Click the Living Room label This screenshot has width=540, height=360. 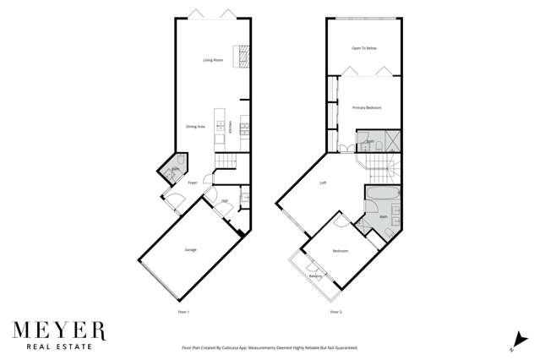pyautogui.click(x=211, y=61)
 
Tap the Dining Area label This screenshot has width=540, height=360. pyautogui.click(x=195, y=127)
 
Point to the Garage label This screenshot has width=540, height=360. pyautogui.click(x=191, y=250)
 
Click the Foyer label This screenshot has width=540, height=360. pyautogui.click(x=193, y=182)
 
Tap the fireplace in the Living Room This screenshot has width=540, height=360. pyautogui.click(x=243, y=57)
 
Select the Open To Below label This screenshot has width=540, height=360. pyautogui.click(x=363, y=48)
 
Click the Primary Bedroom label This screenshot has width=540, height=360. pyautogui.click(x=367, y=107)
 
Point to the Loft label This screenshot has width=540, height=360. pyautogui.click(x=323, y=183)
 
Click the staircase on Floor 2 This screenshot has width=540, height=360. pyautogui.click(x=378, y=161)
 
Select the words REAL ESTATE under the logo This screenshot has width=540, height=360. pyautogui.click(x=58, y=346)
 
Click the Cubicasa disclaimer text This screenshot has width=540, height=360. pyautogui.click(x=270, y=347)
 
